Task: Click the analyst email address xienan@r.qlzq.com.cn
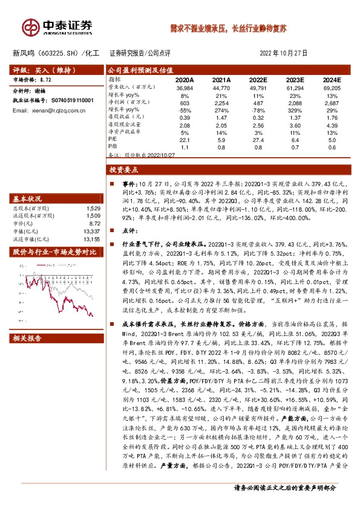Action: [53, 111]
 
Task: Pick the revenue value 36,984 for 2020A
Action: [185, 88]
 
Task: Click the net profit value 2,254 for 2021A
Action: [221, 103]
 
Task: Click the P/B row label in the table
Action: [113, 146]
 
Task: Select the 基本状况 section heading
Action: [28, 199]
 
